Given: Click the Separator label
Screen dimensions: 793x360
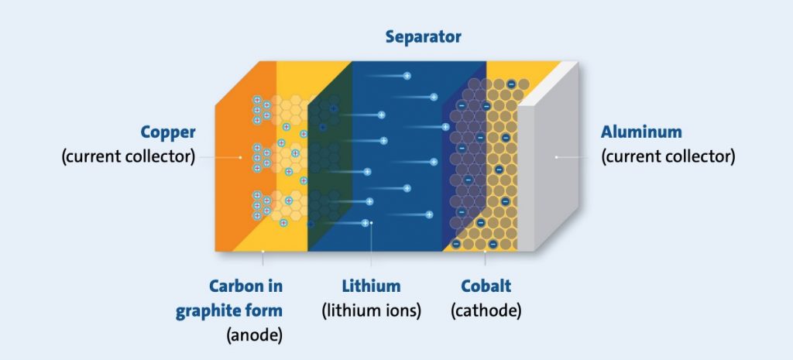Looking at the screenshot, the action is pyautogui.click(x=423, y=37).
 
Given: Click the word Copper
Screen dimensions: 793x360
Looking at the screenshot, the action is pyautogui.click(x=168, y=132).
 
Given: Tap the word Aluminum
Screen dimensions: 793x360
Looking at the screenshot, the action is pyautogui.click(x=641, y=132).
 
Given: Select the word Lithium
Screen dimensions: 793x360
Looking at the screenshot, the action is pyautogui.click(x=371, y=286).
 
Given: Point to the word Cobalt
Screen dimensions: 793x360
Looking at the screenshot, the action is pyautogui.click(x=486, y=286).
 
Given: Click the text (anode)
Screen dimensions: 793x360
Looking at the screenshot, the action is pyautogui.click(x=254, y=336).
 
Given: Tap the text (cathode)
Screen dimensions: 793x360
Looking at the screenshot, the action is pyautogui.click(x=486, y=311).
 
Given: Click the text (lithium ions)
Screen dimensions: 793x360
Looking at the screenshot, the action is pyautogui.click(x=371, y=311).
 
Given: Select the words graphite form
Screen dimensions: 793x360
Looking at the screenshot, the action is pyautogui.click(x=229, y=311).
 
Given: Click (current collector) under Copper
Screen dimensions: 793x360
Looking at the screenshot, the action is pyautogui.click(x=128, y=156).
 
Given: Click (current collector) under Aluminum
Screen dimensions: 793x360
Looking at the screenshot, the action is pyautogui.click(x=668, y=156).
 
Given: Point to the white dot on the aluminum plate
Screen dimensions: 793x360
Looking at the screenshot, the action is pyautogui.click(x=556, y=157).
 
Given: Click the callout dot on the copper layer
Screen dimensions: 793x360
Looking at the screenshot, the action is pyautogui.click(x=240, y=157).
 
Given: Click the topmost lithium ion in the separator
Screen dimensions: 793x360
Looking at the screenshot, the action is pyautogui.click(x=407, y=76).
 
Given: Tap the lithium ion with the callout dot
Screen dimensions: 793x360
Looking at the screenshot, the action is pyautogui.click(x=366, y=223).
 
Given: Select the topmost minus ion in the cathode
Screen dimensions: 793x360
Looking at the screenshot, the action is pyautogui.click(x=511, y=84).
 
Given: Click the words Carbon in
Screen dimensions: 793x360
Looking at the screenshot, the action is pyautogui.click(x=245, y=286).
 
